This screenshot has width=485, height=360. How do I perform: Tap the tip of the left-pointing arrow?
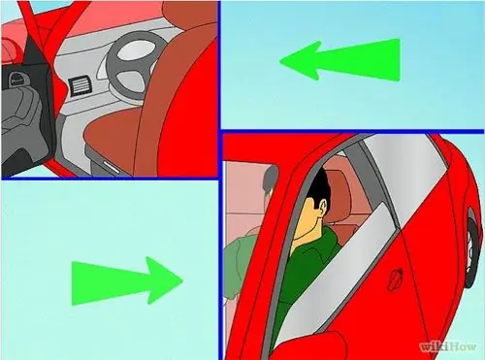[280, 61]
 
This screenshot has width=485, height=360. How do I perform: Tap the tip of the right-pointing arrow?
[182, 280]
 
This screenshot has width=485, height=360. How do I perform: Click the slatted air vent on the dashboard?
[80, 85]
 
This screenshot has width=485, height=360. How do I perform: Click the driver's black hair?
[318, 187]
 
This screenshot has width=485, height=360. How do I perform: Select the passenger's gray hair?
[271, 179]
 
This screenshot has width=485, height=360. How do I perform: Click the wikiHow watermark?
[448, 346]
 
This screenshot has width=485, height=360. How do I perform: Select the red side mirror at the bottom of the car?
[308, 345]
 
